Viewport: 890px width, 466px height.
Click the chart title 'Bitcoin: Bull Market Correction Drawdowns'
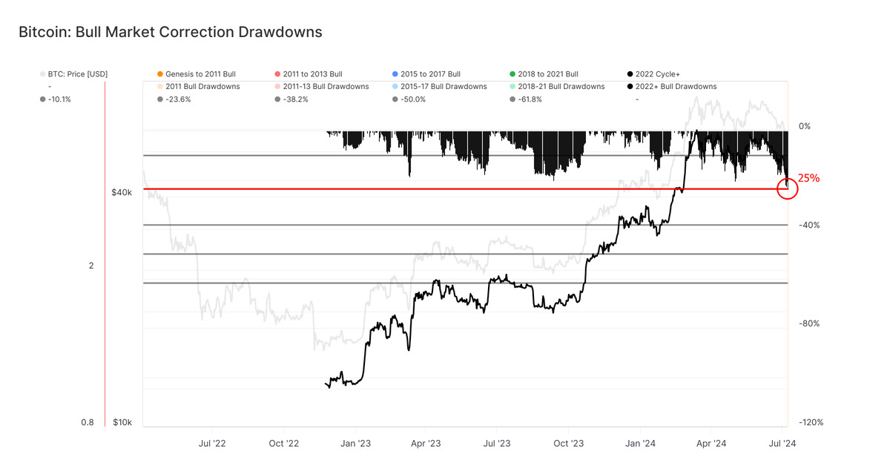point(170,32)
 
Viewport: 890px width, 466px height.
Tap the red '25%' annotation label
point(808,178)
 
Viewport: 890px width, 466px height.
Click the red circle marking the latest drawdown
point(788,188)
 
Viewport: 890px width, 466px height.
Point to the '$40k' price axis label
point(122,192)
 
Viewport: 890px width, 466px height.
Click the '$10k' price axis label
point(122,422)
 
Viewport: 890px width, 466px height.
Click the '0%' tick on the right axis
point(805,126)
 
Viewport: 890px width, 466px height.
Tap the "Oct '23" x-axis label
point(568,444)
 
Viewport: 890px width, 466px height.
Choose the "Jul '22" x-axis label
point(212,444)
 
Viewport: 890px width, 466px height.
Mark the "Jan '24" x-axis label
point(639,444)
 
